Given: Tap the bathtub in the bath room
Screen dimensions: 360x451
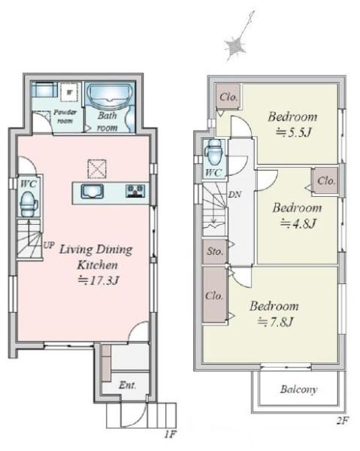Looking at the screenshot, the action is (109, 95).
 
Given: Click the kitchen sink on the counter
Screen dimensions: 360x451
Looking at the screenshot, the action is (92, 191).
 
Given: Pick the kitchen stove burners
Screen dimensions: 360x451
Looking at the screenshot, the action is (135, 191).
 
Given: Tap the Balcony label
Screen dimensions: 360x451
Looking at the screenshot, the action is (298, 389).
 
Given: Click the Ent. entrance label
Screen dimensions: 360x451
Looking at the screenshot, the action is (127, 385).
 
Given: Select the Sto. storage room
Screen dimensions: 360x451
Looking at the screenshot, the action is (215, 252).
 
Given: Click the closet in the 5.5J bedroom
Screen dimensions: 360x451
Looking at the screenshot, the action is (228, 96).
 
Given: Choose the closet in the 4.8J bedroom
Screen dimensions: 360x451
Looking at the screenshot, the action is (325, 181).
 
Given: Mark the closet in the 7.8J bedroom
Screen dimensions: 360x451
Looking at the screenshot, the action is (215, 295).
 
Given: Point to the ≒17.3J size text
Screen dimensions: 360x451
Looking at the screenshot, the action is (98, 280).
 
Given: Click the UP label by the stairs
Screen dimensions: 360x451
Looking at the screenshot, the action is (49, 245).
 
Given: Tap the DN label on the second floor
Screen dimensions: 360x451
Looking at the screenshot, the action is (234, 195).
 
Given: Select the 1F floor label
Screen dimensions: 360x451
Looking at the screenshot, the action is (170, 434).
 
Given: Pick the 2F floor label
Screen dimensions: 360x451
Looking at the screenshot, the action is (342, 421).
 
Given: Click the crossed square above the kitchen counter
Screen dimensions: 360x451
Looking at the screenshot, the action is (97, 169).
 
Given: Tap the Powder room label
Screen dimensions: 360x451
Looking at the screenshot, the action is (65, 117).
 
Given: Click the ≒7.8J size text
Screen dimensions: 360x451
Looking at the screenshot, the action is (275, 322).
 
